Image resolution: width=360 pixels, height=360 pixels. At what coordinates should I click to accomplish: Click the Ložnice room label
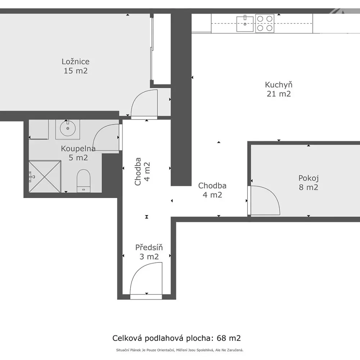coord(76,62)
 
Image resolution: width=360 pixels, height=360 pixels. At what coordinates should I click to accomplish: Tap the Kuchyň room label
coord(279,85)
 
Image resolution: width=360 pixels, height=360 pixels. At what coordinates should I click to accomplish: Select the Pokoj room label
coord(309,178)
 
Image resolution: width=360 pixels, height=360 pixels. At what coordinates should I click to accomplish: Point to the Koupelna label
coord(78,149)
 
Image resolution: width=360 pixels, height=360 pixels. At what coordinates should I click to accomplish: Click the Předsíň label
coord(149,247)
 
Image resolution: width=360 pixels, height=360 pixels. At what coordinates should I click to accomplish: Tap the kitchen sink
coord(245,24)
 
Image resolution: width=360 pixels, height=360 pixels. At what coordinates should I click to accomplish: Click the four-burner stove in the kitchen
coord(265,23)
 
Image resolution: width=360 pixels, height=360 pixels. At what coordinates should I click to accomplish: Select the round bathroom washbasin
coord(68,129)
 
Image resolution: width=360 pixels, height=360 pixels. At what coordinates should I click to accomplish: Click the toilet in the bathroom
coord(84,181)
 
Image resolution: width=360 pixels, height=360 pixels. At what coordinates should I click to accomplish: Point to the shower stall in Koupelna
coord(45,176)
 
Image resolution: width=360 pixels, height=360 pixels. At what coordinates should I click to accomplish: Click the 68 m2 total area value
coord(229,338)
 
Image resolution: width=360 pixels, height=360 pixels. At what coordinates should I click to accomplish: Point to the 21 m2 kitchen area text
coord(279,94)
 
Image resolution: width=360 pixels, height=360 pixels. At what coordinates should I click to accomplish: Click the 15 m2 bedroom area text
coord(76,71)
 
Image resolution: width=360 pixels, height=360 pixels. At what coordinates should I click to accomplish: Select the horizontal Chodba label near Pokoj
coord(212,185)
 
